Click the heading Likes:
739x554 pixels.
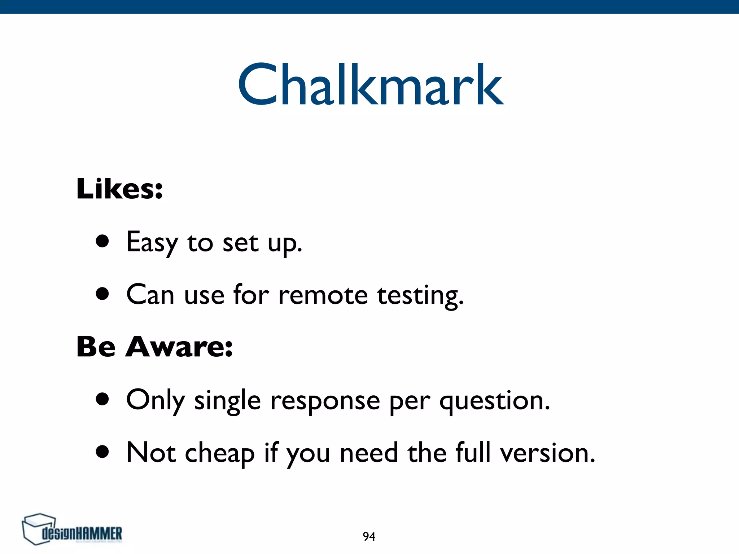pos(119,189)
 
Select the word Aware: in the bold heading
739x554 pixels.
pos(179,347)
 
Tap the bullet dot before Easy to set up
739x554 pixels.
pos(102,241)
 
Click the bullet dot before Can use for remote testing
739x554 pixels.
pos(102,294)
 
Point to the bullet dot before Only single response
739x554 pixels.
pos(102,399)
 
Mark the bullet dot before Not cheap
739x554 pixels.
pos(102,452)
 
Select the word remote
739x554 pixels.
pos(323,295)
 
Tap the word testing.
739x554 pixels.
pos(420,296)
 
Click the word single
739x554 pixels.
pos(227,401)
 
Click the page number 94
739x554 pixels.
pos(369,537)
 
